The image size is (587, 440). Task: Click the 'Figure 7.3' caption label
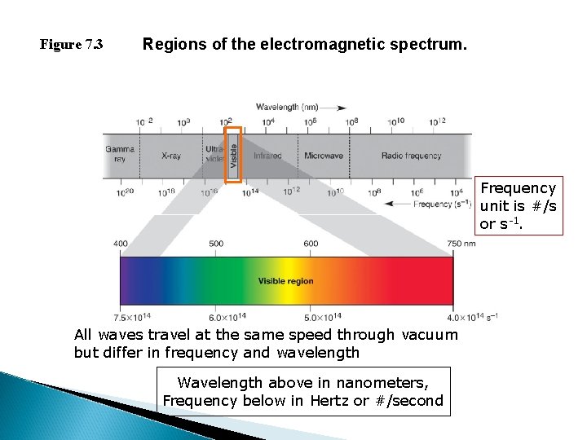[x=72, y=45]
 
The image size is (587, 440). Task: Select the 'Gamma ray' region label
[x=120, y=154]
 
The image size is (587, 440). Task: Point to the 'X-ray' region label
[x=171, y=155]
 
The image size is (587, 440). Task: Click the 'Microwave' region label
[x=324, y=155]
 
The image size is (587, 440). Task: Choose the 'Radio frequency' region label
[x=411, y=155]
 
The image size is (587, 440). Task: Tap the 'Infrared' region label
[x=267, y=155]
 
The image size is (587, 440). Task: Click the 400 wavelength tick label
[x=121, y=244]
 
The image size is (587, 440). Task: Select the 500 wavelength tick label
[x=216, y=244]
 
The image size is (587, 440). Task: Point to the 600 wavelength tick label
[x=311, y=244]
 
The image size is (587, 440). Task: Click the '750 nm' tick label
[x=461, y=244]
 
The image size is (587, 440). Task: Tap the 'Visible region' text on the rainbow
[x=285, y=281]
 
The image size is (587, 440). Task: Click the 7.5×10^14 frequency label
[x=132, y=316]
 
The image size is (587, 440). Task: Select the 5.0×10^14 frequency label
[x=322, y=316]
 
